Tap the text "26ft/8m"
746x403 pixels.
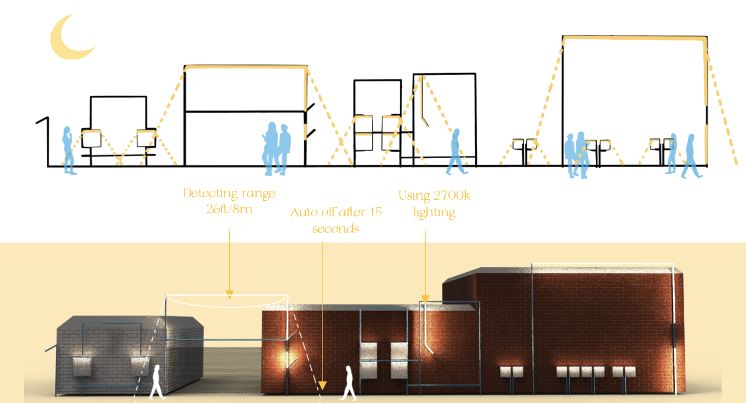[228, 209]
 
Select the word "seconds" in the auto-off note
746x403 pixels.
[336, 229]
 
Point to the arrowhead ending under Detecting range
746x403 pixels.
[229, 292]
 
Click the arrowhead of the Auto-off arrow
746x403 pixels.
[322, 383]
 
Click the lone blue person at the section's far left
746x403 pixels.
[68, 149]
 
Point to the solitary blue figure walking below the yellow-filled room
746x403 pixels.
[456, 153]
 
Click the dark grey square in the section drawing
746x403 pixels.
[378, 97]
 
